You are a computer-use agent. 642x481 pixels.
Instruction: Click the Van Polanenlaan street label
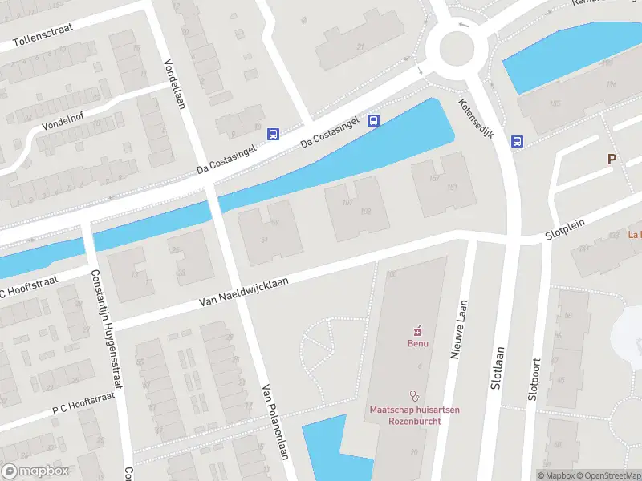point(274,421)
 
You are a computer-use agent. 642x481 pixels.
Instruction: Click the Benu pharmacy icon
point(416,330)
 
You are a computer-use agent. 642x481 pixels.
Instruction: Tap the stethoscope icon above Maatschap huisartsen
point(415,395)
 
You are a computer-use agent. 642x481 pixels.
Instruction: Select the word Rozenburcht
point(415,421)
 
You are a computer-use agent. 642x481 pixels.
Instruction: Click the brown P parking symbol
point(612,160)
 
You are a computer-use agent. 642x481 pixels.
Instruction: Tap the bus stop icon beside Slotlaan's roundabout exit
point(518,142)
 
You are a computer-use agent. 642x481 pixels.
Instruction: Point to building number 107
point(348,202)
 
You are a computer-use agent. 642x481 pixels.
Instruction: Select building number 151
point(453,188)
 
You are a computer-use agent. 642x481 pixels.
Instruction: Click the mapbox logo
point(35,471)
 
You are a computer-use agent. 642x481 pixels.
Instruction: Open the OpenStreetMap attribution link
point(604,475)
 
